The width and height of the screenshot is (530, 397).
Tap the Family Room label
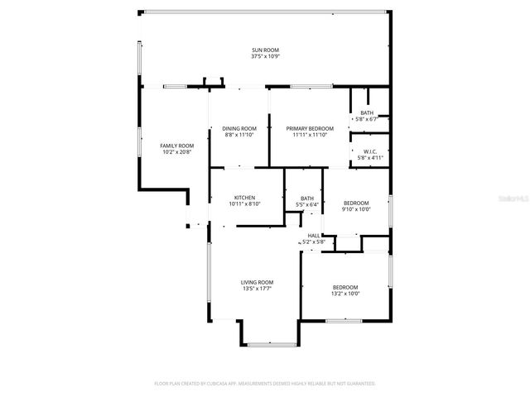point(176,146)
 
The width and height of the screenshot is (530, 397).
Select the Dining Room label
point(239,128)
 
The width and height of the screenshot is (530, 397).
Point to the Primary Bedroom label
point(310,128)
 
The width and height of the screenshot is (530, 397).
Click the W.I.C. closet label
point(370,151)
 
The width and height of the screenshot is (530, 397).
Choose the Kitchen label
point(244,198)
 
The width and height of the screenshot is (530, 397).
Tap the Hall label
point(314,236)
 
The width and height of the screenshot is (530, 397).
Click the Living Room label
point(257,282)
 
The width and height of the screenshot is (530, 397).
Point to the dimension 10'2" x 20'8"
point(176,152)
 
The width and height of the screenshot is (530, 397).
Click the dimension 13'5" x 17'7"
point(257,289)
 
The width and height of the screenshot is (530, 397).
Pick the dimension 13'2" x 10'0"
point(345,294)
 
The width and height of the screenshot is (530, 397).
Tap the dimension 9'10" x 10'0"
point(356,209)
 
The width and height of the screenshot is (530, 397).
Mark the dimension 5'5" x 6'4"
point(307,204)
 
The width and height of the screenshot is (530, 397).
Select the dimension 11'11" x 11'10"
point(310,135)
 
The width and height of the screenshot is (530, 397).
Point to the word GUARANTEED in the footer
point(359,384)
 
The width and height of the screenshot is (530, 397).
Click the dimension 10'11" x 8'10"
point(244,204)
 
